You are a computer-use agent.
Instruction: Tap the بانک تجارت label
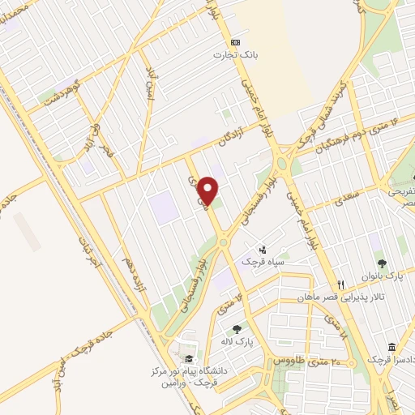(229, 55)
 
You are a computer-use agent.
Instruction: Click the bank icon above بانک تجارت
(236, 42)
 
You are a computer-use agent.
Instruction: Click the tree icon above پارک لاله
(236, 329)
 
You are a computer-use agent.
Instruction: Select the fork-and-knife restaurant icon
(341, 285)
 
